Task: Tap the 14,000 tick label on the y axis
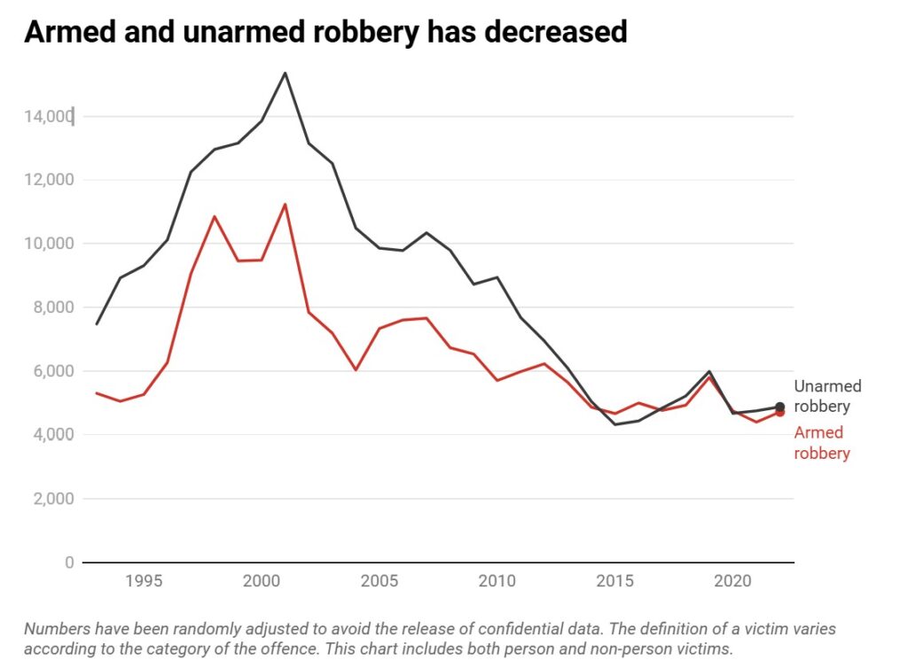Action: (x=48, y=116)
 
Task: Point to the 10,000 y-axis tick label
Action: (x=48, y=244)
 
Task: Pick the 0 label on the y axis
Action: (x=68, y=563)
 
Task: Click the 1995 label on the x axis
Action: (x=144, y=582)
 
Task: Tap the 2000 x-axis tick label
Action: (x=261, y=582)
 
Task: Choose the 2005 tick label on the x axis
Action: (x=379, y=582)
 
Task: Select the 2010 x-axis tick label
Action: (x=497, y=582)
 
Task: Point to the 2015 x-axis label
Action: (x=614, y=582)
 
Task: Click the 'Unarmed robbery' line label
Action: (x=826, y=397)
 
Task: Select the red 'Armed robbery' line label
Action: (x=821, y=443)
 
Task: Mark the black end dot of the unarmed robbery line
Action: (x=779, y=408)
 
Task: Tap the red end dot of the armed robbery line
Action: (x=779, y=412)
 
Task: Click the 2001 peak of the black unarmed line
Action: (x=285, y=73)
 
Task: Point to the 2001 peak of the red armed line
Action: (x=285, y=205)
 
